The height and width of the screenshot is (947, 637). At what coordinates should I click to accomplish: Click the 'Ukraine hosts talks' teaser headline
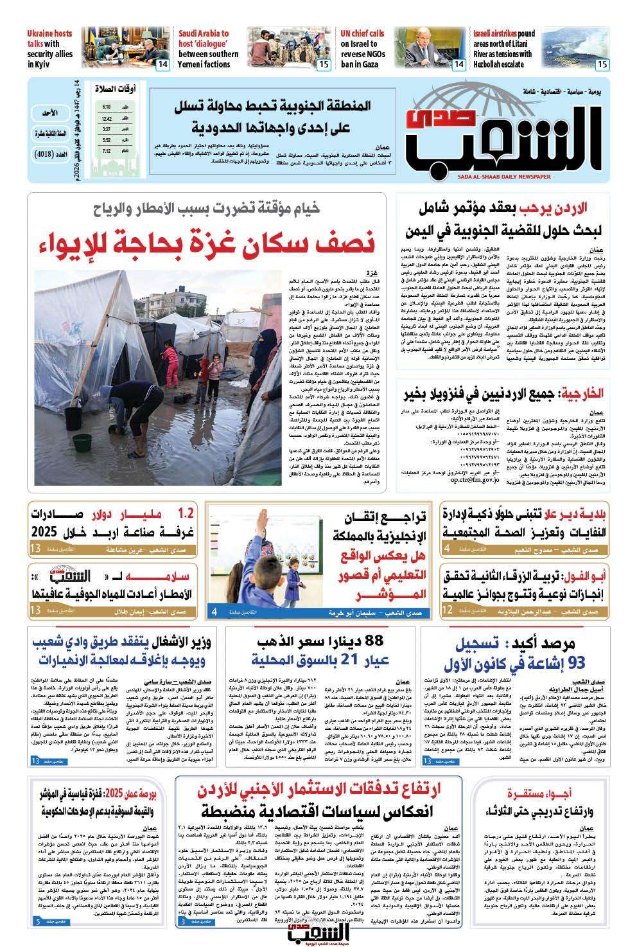click(x=50, y=47)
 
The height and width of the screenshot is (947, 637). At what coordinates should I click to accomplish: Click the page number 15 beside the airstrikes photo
click(x=602, y=64)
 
